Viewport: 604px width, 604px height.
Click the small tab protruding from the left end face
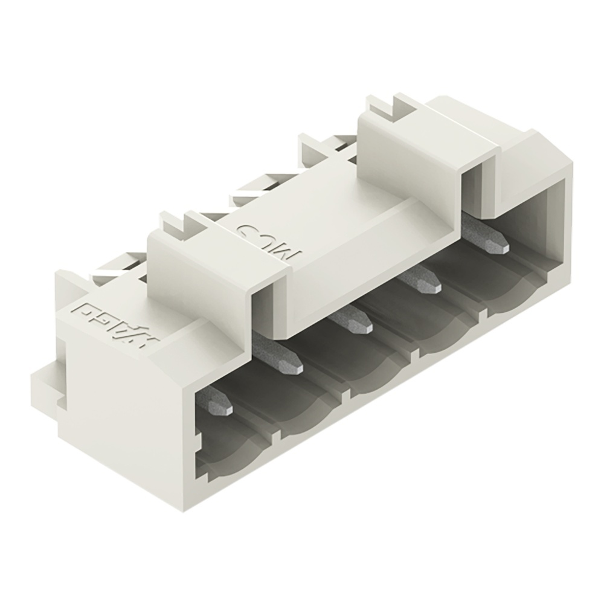click(45, 384)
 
